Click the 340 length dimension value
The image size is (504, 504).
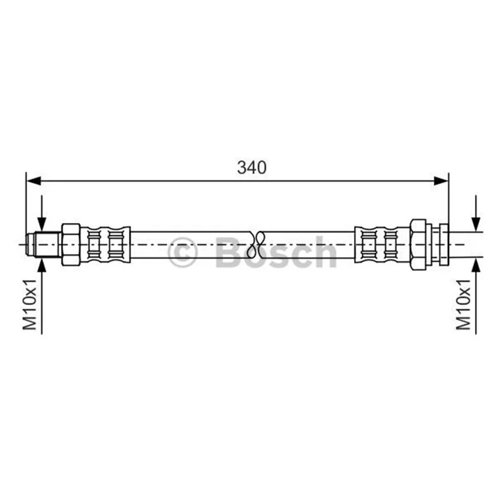pyautogui.click(x=251, y=168)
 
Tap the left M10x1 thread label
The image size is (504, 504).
pyautogui.click(x=30, y=304)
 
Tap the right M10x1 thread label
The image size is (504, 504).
pyautogui.click(x=463, y=304)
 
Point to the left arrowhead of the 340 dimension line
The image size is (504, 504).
pyautogui.click(x=33, y=181)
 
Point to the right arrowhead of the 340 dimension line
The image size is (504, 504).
pyautogui.click(x=440, y=181)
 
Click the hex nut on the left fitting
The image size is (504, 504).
pyautogui.click(x=71, y=244)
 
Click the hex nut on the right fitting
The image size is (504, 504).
pyautogui.click(x=418, y=244)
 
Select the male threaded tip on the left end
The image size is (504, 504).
pyautogui.click(x=43, y=244)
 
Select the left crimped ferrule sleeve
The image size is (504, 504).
pyautogui.click(x=105, y=244)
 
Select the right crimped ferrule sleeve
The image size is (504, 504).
pyautogui.click(x=382, y=244)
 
